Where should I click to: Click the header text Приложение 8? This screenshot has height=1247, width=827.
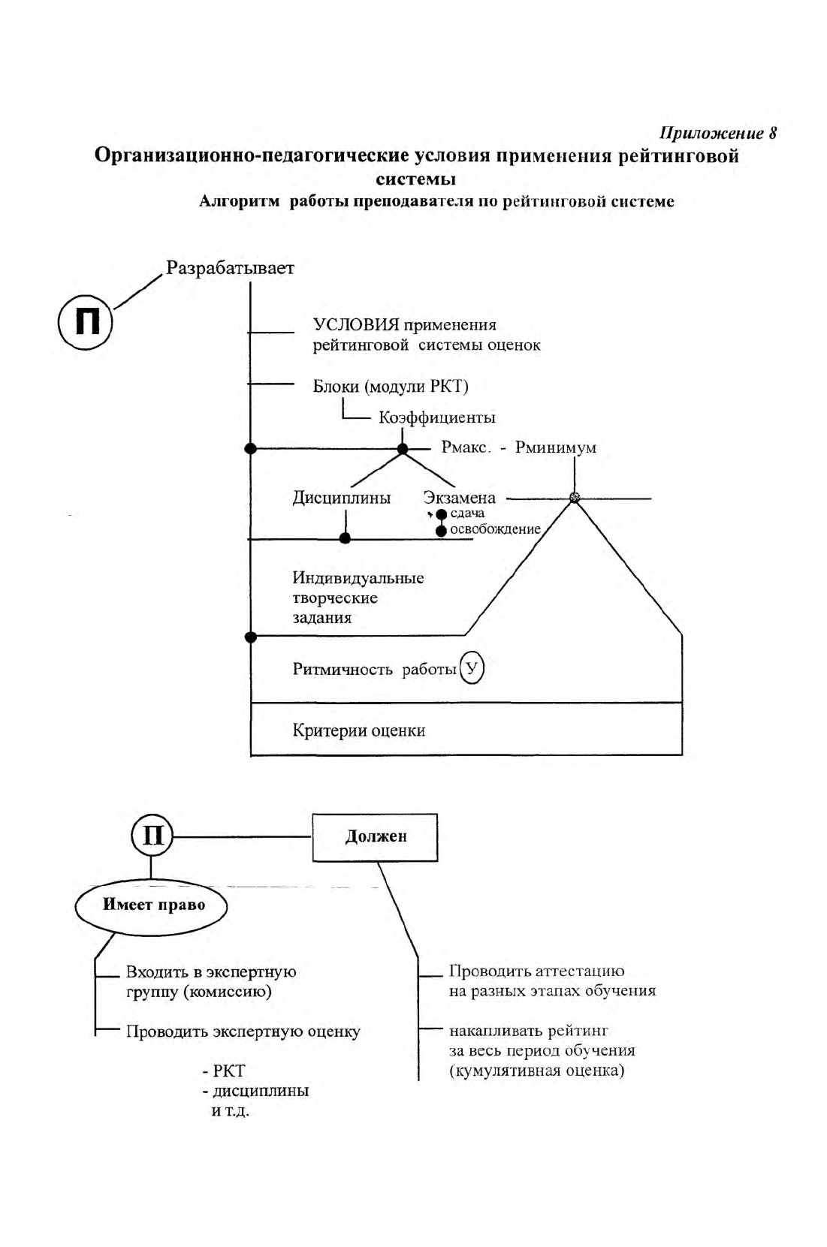[718, 133]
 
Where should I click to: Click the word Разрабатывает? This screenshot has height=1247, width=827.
[230, 268]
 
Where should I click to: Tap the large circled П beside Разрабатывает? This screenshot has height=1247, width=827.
[85, 322]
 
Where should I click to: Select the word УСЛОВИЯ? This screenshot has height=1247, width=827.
[356, 324]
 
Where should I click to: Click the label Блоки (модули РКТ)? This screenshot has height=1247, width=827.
[391, 386]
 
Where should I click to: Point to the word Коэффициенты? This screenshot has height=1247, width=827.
[437, 417]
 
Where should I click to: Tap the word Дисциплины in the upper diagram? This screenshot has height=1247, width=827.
[341, 497]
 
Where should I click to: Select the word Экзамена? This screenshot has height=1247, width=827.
[460, 497]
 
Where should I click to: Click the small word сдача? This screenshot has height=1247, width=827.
[467, 513]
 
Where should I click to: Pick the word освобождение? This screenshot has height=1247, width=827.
[495, 529]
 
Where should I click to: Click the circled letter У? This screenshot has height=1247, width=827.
[472, 667]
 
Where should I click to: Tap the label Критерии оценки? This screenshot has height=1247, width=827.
[358, 730]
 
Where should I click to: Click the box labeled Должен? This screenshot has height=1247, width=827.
[375, 837]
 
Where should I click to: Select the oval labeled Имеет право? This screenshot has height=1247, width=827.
[152, 905]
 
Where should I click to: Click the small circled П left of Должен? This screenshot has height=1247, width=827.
[152, 836]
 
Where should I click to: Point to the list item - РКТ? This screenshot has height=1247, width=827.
[224, 1071]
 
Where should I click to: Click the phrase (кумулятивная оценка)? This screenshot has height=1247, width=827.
[537, 1070]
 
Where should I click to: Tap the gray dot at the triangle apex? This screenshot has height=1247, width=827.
[575, 498]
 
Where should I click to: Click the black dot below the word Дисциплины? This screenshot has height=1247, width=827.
[346, 538]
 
